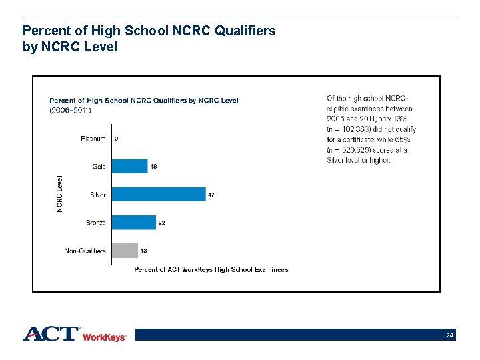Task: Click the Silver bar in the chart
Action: tap(159, 194)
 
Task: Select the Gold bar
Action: tap(129, 166)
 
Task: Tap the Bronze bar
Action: tap(133, 223)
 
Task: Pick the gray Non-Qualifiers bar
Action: tap(125, 251)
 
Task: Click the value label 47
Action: tap(211, 195)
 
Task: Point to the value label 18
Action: tap(153, 166)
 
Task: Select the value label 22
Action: tap(161, 223)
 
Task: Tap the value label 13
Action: tap(143, 251)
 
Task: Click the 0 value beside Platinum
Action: tap(117, 139)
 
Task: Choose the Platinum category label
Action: tap(93, 139)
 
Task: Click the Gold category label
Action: tap(99, 167)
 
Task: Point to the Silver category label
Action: tap(97, 195)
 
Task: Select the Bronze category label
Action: tap(95, 223)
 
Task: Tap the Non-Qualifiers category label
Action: tap(85, 251)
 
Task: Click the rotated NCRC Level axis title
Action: tap(59, 194)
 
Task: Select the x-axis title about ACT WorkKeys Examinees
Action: tap(211, 269)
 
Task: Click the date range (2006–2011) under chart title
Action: tap(70, 109)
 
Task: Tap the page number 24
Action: tap(450, 335)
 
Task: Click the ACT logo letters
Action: tap(51, 333)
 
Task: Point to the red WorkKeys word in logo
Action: tap(103, 337)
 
